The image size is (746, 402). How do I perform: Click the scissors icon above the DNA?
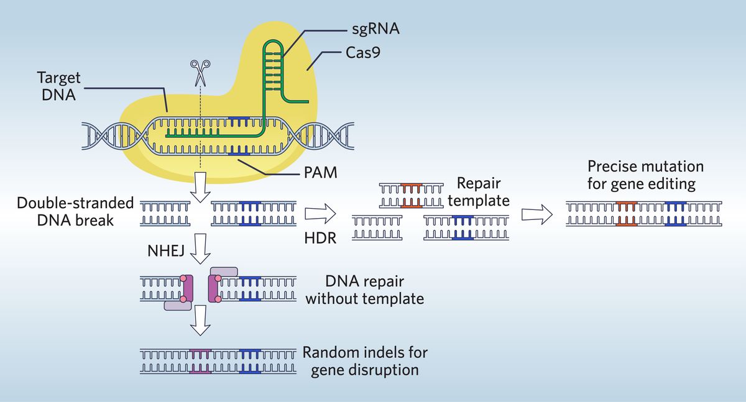click(x=200, y=72)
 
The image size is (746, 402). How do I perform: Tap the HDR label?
click(x=321, y=238)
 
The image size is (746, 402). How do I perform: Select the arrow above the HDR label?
click(x=320, y=214)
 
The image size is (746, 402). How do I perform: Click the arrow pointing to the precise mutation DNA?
click(x=537, y=214)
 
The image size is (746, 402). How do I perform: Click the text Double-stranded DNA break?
click(x=75, y=211)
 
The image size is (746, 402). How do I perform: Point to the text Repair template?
click(x=478, y=192)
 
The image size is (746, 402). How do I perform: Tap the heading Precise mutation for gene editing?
click(x=646, y=175)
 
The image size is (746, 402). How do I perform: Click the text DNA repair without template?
click(x=364, y=290)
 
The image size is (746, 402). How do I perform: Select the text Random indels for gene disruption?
click(x=365, y=361)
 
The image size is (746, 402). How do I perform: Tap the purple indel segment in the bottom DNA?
click(x=200, y=360)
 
